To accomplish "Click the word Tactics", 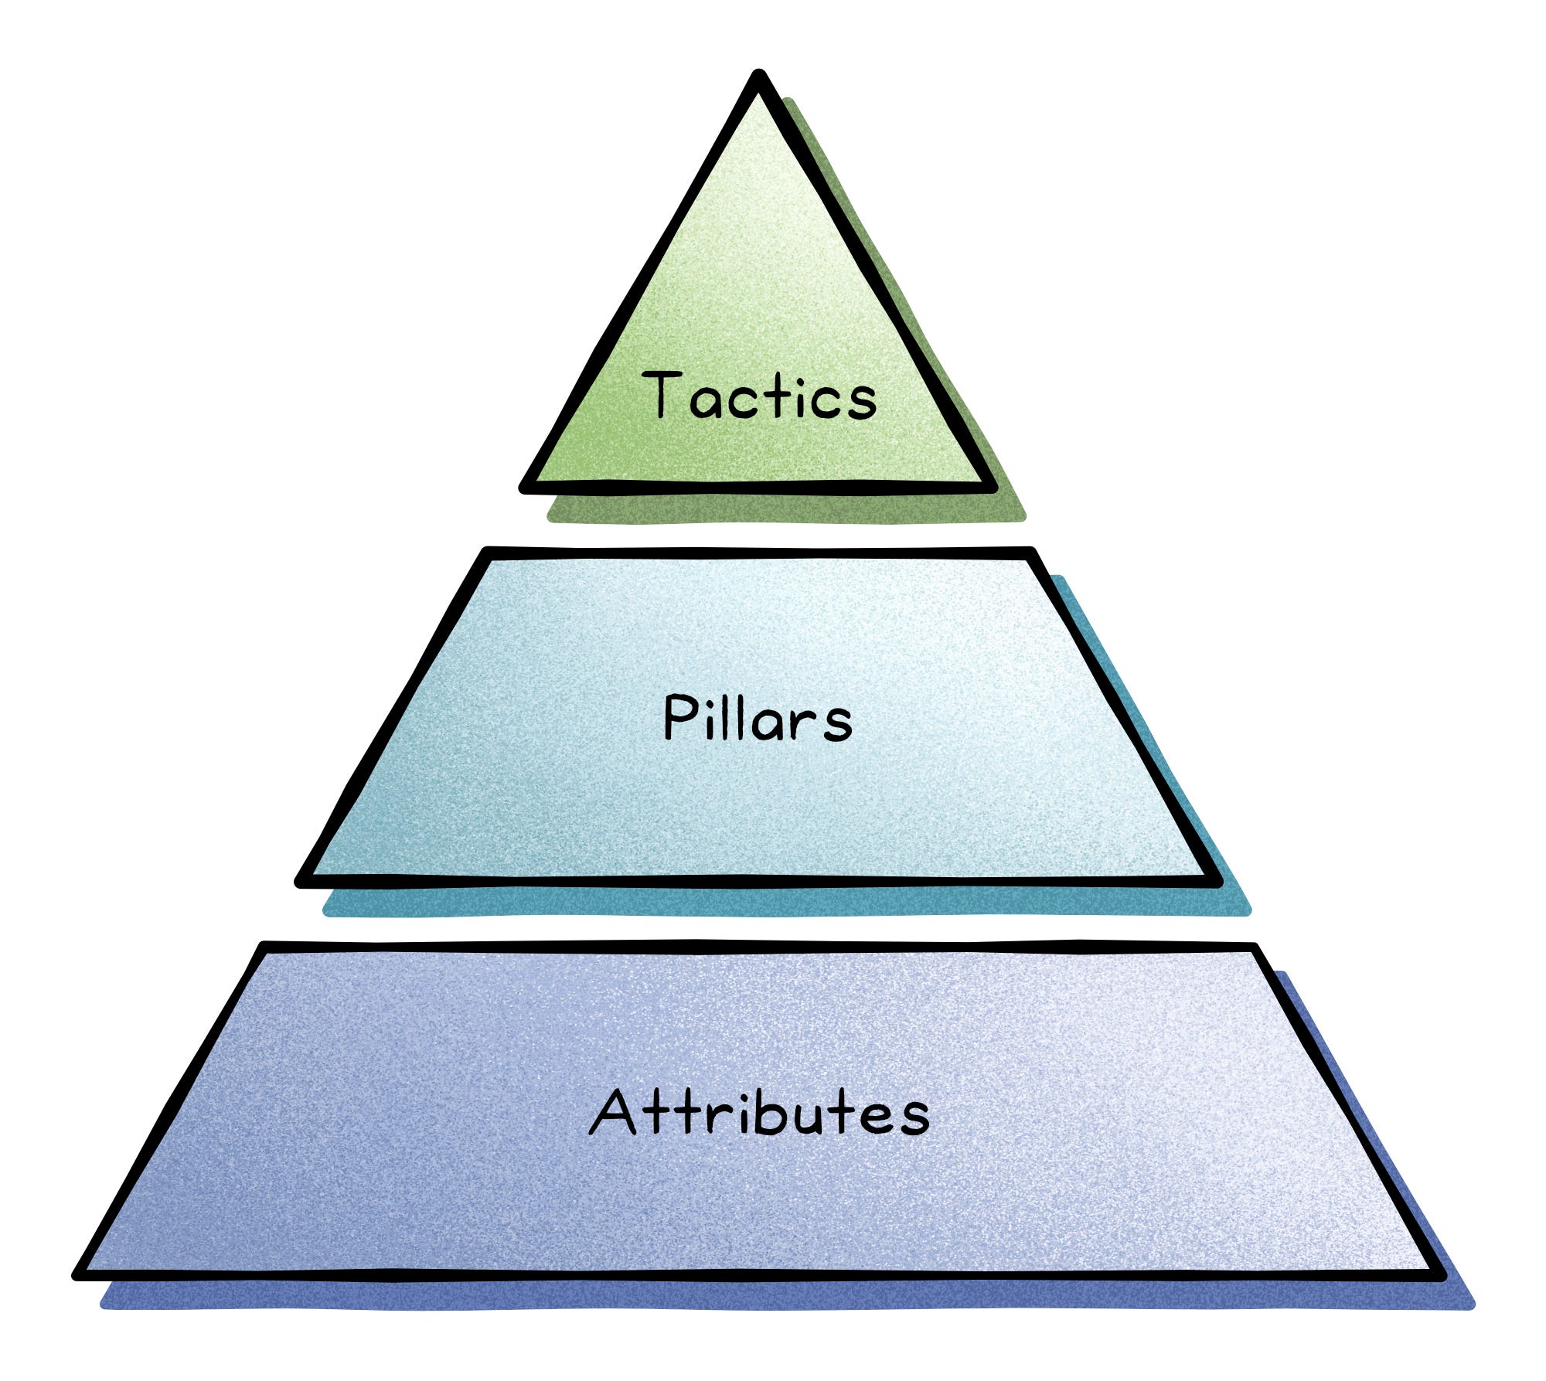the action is click(760, 396).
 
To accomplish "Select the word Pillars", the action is click(758, 718).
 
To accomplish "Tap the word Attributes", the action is click(759, 1112).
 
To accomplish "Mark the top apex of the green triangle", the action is click(759, 76).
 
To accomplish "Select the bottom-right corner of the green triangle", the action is click(991, 487).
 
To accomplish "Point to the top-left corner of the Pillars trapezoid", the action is click(487, 553).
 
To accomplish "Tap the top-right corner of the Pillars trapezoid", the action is click(1031, 553).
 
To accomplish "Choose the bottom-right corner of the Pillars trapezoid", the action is click(1216, 881).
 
